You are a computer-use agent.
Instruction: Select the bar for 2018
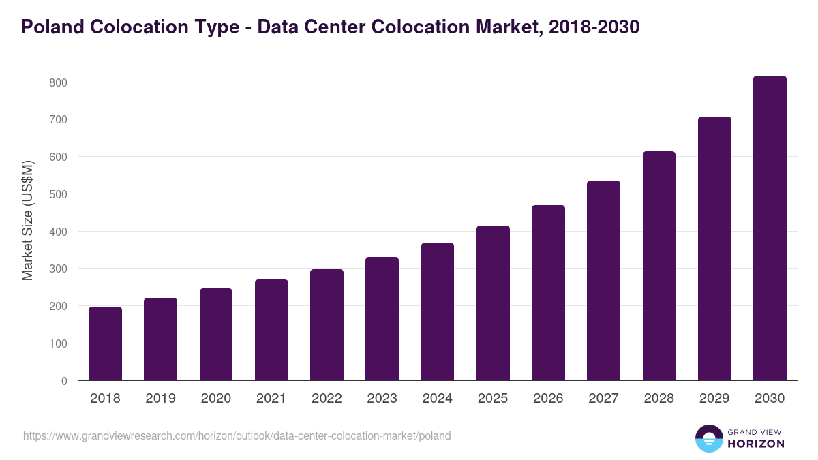[x=105, y=343]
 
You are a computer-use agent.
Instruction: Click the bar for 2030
[x=770, y=228]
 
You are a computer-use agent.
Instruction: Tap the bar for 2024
[x=438, y=311]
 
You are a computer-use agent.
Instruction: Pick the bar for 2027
[x=603, y=280]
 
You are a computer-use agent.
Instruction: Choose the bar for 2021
[x=271, y=330]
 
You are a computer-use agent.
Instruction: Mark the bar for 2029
[x=714, y=249]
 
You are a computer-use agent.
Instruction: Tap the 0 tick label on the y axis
[x=64, y=381]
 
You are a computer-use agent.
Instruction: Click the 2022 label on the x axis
[x=327, y=399]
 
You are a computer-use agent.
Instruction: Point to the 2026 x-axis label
[x=548, y=399]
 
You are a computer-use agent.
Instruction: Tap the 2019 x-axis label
[x=160, y=399]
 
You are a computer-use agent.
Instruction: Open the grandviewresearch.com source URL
[x=237, y=435]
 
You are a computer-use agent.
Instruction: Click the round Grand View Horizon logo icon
[x=709, y=438]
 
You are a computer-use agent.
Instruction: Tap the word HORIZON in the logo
[x=756, y=444]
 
